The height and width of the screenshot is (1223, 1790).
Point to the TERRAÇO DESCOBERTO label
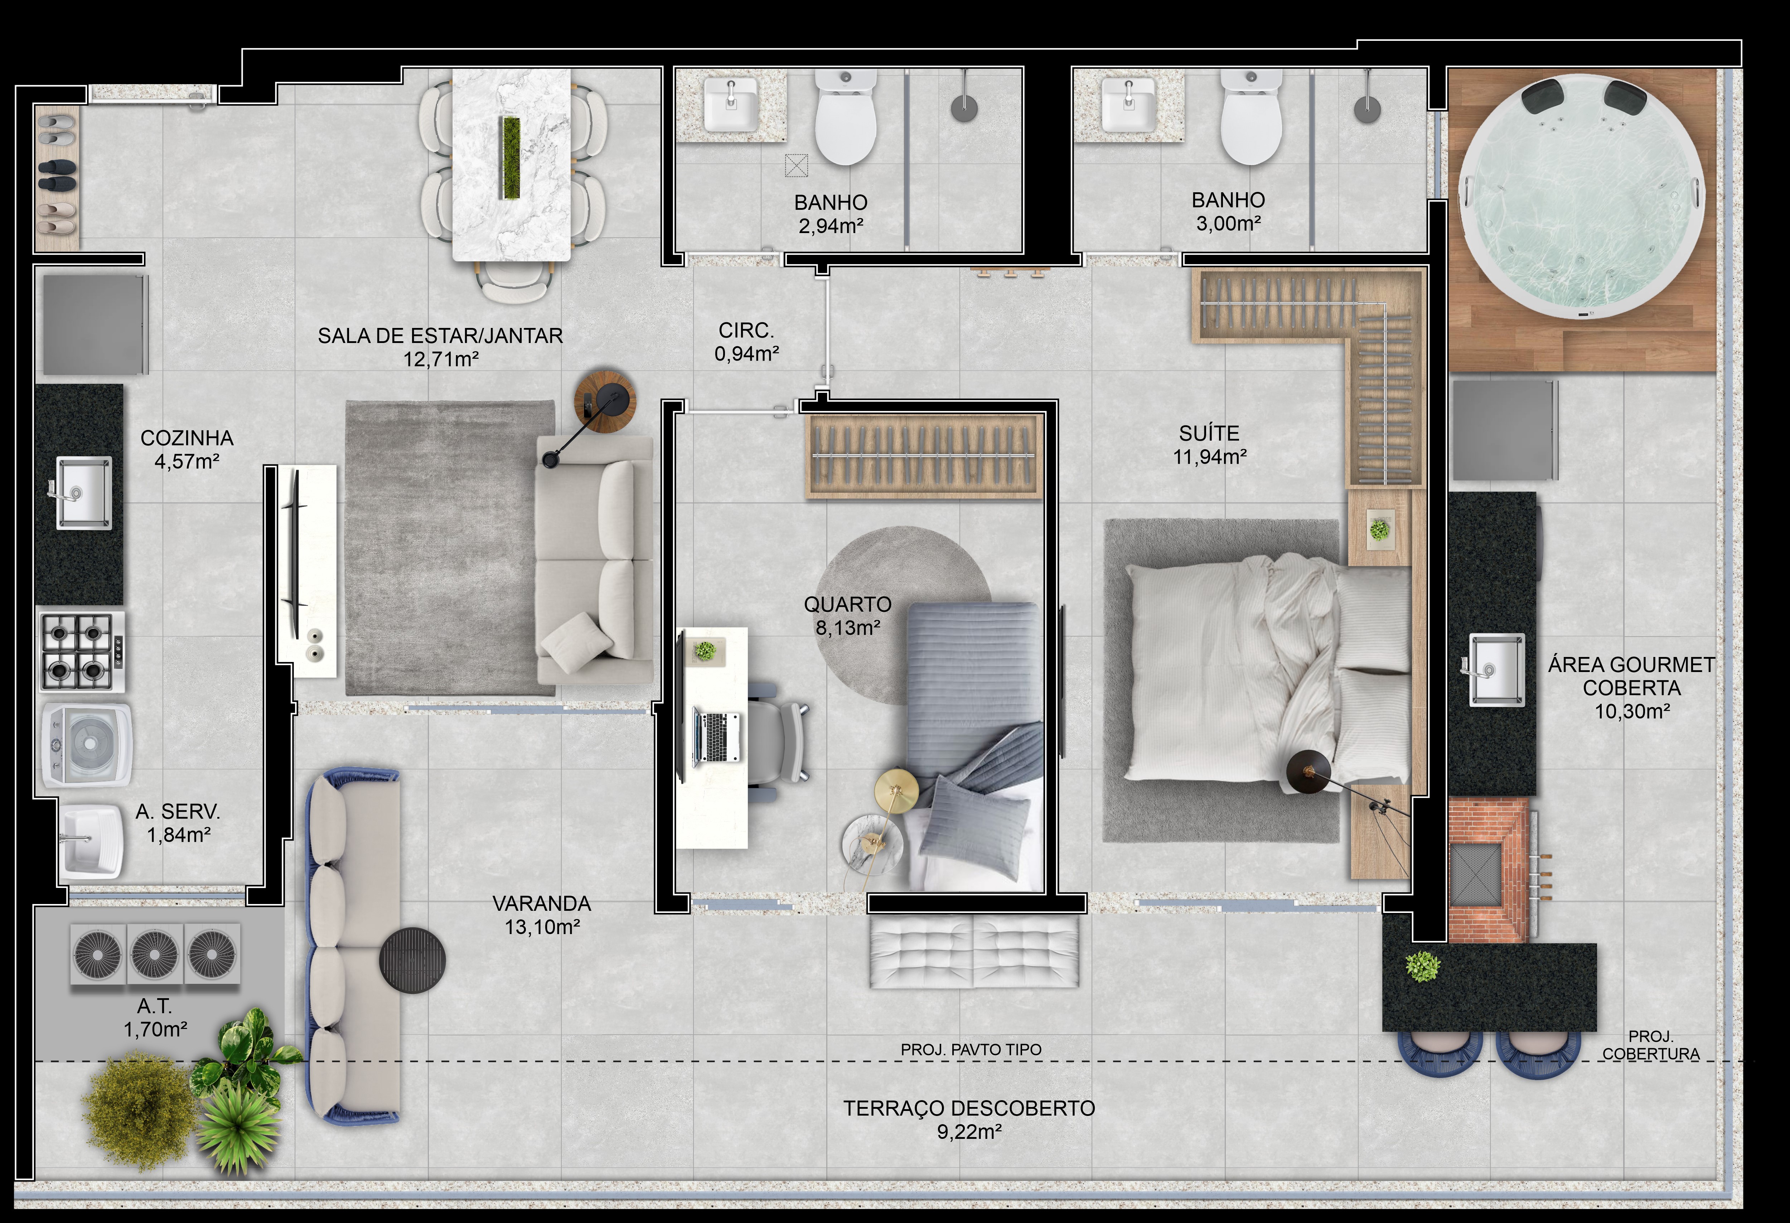click(x=968, y=1119)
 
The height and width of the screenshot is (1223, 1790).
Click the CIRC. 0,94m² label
click(x=746, y=341)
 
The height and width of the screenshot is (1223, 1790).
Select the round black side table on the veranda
click(x=412, y=960)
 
